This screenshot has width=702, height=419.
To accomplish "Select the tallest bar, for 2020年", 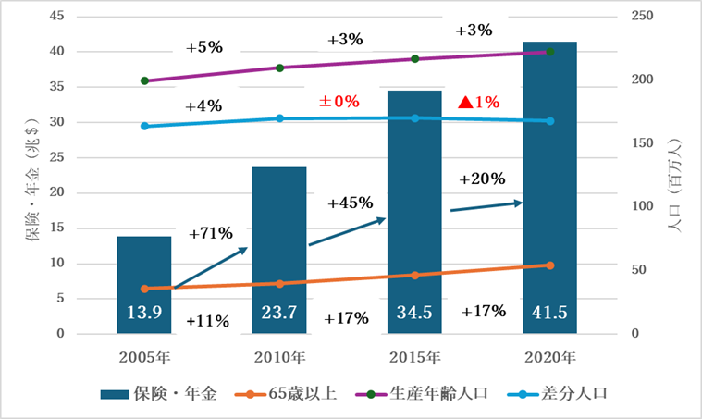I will [549, 185].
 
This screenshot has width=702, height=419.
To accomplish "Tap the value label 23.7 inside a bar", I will [278, 313].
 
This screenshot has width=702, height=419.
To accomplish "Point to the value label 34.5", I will [414, 313].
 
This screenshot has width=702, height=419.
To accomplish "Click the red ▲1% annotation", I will [479, 102].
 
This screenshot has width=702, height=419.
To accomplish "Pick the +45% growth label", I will [350, 202].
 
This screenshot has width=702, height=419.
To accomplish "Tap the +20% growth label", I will [483, 178].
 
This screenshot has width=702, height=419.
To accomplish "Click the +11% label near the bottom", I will [207, 321].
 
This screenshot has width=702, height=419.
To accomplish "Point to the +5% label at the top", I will [204, 47].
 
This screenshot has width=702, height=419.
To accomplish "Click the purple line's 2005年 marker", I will [144, 81].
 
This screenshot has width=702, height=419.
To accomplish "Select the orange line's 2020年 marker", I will [549, 265].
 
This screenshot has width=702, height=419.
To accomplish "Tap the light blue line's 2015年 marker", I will [414, 118].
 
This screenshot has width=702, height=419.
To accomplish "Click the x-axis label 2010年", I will [278, 357].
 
